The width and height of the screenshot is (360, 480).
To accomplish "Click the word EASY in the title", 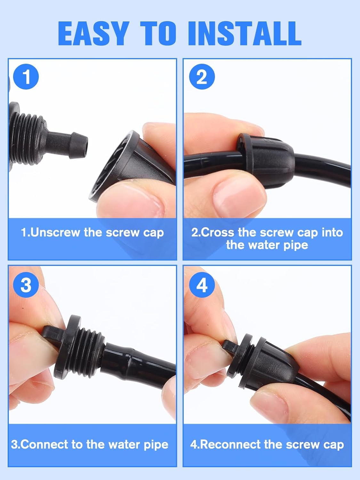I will coord(93,34).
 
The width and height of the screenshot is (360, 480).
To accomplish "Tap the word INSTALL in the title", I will coord(245,34).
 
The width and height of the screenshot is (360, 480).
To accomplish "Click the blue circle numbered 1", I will coord(26,77).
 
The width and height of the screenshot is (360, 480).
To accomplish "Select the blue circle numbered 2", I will coord(202,77).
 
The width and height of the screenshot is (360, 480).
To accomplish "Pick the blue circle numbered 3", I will coord(26,284).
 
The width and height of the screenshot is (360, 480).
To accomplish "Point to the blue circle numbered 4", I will coord(202,284).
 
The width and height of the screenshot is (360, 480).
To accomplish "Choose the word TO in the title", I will coord(159,34).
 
